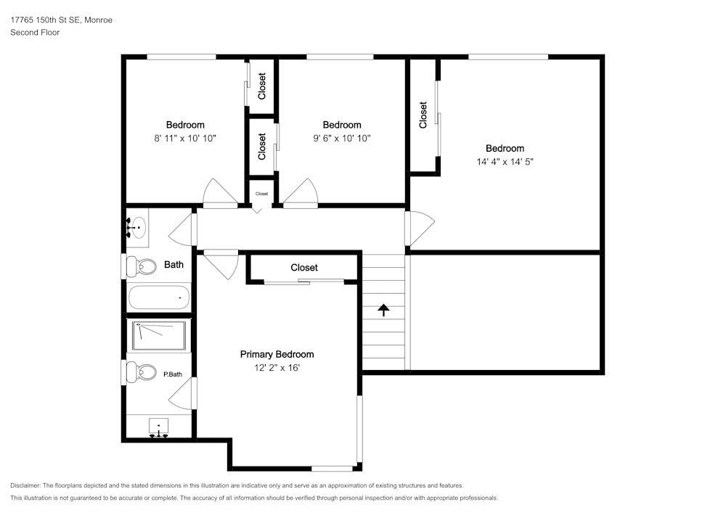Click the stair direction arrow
point(383,310)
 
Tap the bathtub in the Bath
point(159,297)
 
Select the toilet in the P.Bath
point(143,373)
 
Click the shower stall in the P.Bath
point(159,336)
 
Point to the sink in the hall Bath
point(136,228)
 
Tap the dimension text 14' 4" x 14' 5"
point(505,162)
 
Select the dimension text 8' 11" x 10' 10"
point(185,138)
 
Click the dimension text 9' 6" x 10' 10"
point(341,138)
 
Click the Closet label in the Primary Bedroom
point(304,268)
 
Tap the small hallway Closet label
point(261,194)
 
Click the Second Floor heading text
point(35,33)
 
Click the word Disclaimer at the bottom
point(25,485)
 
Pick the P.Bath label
point(172,374)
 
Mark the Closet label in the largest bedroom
point(423,115)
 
